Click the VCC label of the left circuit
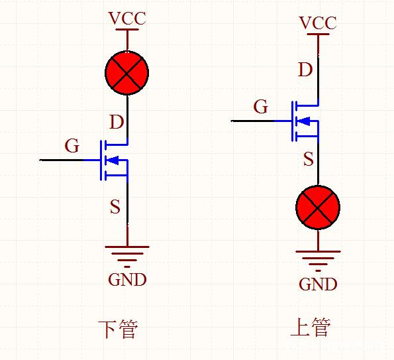[x=127, y=18]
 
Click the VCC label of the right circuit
[x=318, y=23]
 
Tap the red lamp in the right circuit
[x=318, y=207]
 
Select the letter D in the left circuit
[x=116, y=122]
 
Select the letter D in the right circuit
[x=305, y=70]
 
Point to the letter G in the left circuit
[x=72, y=145]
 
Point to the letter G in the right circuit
[x=261, y=107]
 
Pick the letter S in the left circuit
[x=115, y=207]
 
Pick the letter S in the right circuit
[x=309, y=159]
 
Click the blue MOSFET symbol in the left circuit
[x=113, y=160]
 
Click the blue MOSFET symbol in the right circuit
[x=304, y=121]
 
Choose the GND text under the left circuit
[x=127, y=280]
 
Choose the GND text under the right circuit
[x=318, y=284]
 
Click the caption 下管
[x=118, y=329]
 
